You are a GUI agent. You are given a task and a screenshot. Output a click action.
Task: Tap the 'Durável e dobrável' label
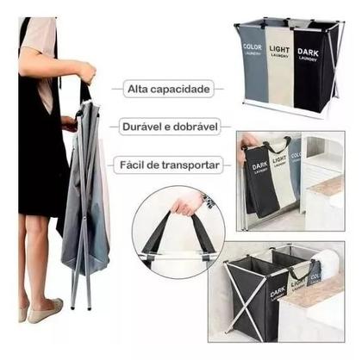(167, 126)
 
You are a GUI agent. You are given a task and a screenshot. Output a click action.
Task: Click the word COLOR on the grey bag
(253, 47)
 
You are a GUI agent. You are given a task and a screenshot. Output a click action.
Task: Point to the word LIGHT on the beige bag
(279, 51)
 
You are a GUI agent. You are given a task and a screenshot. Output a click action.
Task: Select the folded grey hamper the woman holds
(86, 198)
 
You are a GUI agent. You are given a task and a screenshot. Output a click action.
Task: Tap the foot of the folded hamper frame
(72, 306)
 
